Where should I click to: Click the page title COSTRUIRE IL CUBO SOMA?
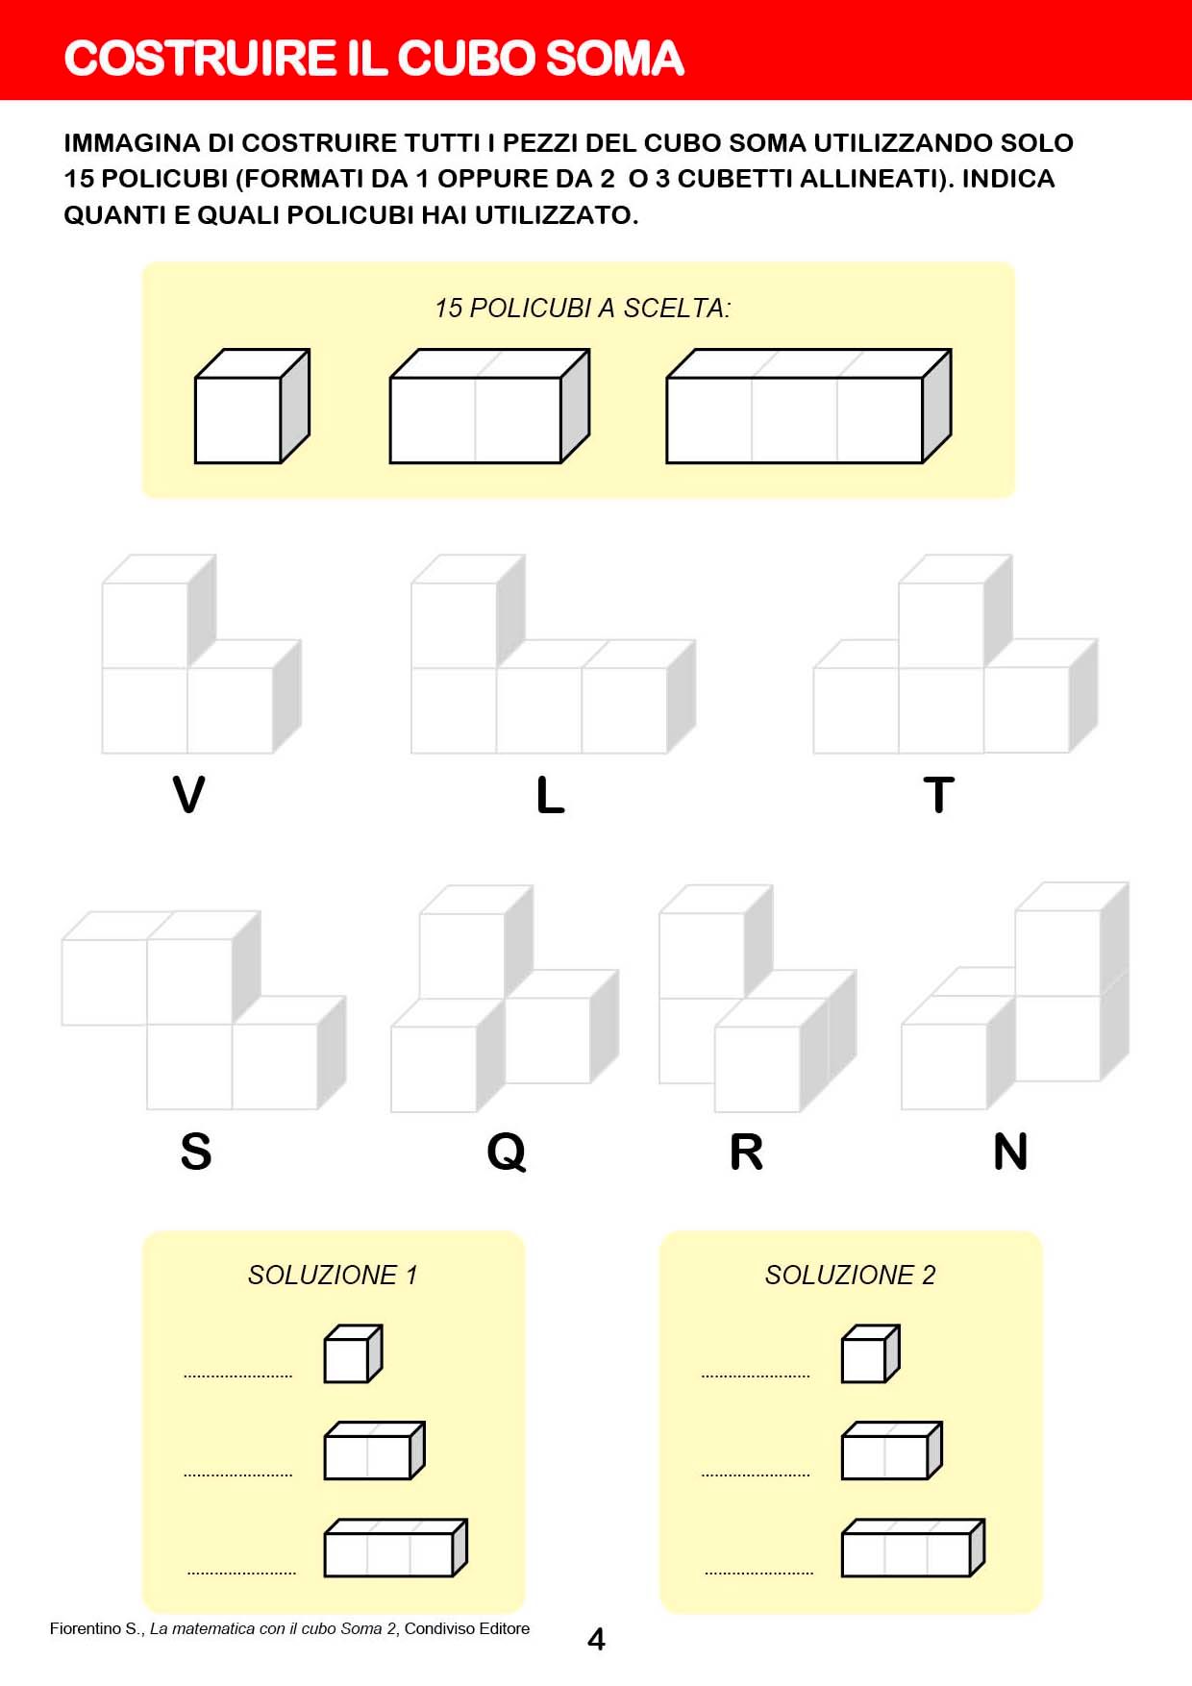(374, 58)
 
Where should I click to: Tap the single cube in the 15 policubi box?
(252, 407)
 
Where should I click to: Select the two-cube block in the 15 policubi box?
(489, 407)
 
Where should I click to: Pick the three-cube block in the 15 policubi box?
(808, 407)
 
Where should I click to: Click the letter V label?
(188, 795)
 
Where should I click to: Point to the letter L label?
(550, 795)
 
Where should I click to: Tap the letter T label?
(938, 795)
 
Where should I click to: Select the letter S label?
(196, 1151)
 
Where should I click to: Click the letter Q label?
(507, 1152)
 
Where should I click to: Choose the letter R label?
(747, 1151)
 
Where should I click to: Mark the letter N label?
(1010, 1151)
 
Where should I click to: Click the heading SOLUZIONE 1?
(333, 1275)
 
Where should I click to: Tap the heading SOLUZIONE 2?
(850, 1275)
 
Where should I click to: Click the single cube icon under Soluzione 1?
(353, 1353)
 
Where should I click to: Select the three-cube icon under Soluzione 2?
(913, 1548)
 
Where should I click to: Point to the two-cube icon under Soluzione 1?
(374, 1450)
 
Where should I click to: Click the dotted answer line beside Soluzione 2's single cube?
(756, 1376)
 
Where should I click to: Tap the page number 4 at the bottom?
(596, 1639)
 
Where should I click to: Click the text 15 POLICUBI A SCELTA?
(583, 308)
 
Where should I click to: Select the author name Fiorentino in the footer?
(85, 1628)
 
